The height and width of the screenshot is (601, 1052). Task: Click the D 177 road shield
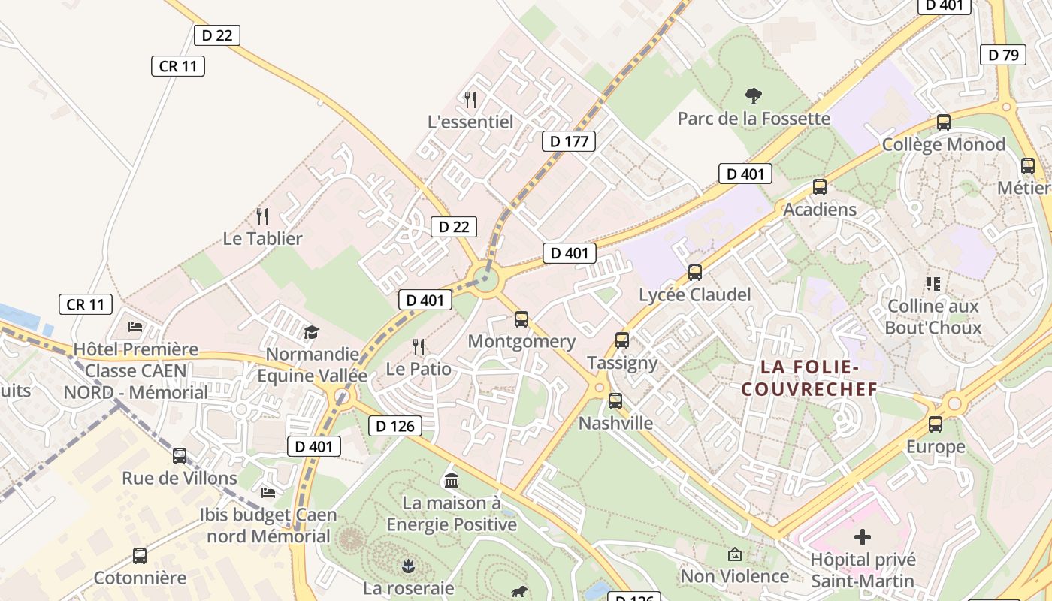(568, 141)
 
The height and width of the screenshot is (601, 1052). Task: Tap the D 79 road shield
(1003, 55)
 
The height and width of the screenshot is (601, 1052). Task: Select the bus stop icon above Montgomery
(521, 319)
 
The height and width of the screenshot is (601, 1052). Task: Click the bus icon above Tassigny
(622, 340)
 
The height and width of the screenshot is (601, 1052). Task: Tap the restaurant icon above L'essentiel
(470, 99)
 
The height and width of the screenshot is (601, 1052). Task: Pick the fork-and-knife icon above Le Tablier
(262, 216)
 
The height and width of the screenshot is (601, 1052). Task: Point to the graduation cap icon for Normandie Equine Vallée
(311, 332)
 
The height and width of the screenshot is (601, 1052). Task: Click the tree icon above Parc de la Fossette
(754, 96)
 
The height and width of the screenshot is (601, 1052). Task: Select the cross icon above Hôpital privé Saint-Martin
(863, 537)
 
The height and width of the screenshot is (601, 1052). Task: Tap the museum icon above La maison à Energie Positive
(452, 480)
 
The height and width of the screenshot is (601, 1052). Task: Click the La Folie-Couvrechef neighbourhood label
(809, 378)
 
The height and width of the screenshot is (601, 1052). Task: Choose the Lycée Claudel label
(694, 294)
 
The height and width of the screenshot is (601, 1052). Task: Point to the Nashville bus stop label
(615, 423)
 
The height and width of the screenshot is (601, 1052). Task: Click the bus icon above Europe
(936, 424)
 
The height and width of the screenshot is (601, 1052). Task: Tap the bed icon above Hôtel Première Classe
(135, 327)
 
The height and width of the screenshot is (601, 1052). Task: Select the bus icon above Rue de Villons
(180, 455)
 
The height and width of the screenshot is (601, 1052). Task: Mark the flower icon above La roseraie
(408, 565)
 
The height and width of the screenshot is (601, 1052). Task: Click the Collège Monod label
(943, 144)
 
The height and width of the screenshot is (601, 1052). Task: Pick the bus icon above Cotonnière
(140, 556)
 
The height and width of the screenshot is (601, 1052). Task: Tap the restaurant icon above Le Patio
(419, 346)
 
